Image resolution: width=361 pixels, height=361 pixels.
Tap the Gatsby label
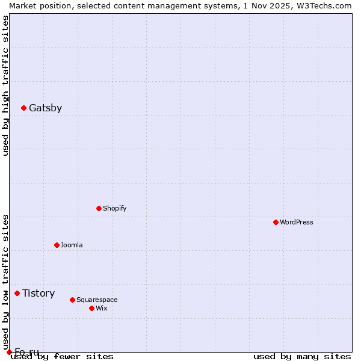[x=45, y=108]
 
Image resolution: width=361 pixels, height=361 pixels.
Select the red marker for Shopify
[x=99, y=209]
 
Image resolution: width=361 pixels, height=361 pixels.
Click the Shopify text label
[x=114, y=209]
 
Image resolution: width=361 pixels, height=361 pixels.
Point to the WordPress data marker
[x=276, y=223]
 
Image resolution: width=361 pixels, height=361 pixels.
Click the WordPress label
[x=296, y=223]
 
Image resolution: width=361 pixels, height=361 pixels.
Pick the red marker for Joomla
[x=57, y=245]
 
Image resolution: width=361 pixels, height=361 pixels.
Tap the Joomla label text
[x=72, y=245]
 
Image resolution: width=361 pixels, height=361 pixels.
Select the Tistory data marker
[x=17, y=294]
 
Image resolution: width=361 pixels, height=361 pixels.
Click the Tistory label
[x=39, y=294]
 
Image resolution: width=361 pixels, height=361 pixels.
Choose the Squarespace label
[x=97, y=300]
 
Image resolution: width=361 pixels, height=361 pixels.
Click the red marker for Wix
[x=91, y=309]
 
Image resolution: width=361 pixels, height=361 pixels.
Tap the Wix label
[x=101, y=309]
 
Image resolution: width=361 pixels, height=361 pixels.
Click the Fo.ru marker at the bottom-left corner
[x=9, y=352]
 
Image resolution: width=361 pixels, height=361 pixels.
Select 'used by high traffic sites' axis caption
[x=5, y=85]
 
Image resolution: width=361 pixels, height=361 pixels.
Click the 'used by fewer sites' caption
[x=62, y=356]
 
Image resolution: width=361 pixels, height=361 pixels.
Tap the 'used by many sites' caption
[x=302, y=356]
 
